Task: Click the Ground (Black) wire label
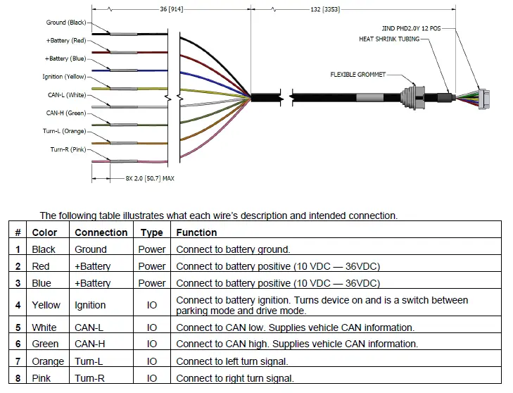click(x=66, y=23)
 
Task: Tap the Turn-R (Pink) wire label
click(x=68, y=149)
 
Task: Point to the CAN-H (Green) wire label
click(x=65, y=113)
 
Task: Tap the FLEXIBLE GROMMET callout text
click(x=357, y=75)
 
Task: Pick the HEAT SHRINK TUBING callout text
click(x=389, y=39)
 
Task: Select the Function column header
click(x=196, y=232)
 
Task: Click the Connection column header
click(x=101, y=232)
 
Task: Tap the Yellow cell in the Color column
click(x=46, y=305)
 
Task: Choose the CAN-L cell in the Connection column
click(x=90, y=327)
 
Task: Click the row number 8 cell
click(x=18, y=378)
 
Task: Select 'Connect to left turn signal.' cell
click(x=232, y=361)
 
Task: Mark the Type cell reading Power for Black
click(x=152, y=249)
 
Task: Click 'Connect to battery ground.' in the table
click(x=233, y=249)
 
